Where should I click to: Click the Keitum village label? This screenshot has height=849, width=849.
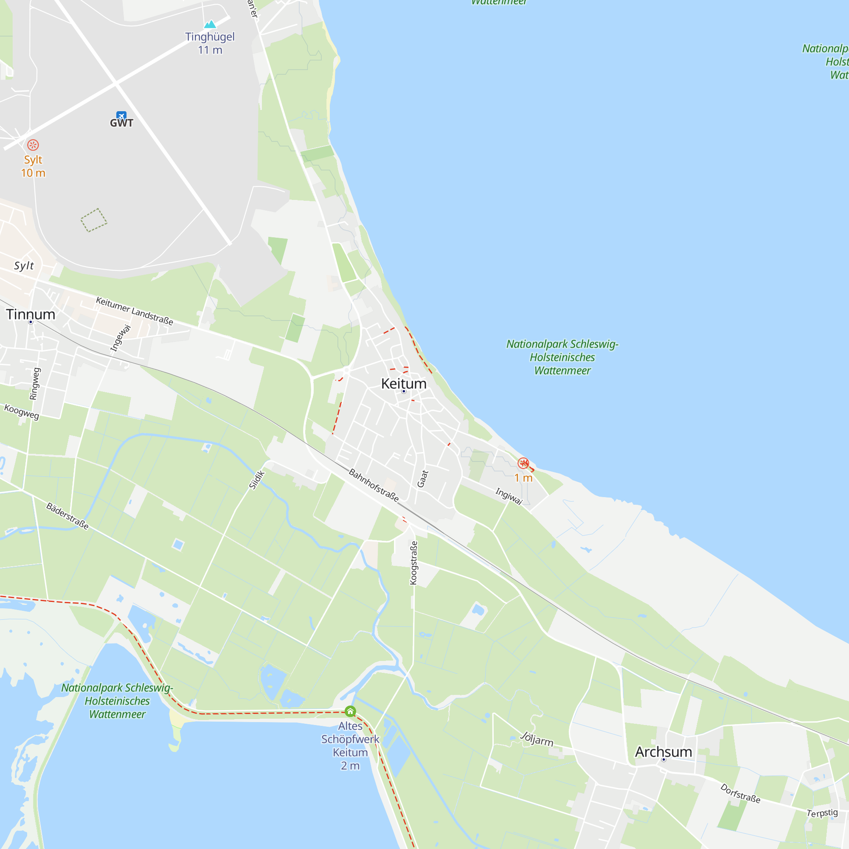(x=403, y=384)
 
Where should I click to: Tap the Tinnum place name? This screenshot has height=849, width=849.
(x=31, y=315)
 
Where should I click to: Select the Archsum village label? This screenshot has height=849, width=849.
(x=663, y=752)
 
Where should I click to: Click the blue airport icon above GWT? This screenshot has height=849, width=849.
(x=121, y=115)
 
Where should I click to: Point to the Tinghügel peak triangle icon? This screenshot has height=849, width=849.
(x=210, y=24)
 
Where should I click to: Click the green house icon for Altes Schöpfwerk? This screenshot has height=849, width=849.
(x=350, y=711)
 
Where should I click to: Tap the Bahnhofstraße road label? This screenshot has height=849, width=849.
(x=374, y=485)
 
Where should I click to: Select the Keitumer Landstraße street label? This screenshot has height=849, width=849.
(x=135, y=311)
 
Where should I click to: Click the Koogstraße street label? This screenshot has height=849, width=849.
(x=413, y=562)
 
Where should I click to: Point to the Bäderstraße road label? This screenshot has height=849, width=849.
(x=67, y=516)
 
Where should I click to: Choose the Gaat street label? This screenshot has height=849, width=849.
(x=422, y=478)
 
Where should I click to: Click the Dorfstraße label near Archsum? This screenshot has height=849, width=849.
(x=740, y=793)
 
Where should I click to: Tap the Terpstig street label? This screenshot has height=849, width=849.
(x=822, y=813)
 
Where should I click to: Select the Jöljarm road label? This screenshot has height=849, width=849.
(x=537, y=739)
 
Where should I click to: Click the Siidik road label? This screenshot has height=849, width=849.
(x=257, y=479)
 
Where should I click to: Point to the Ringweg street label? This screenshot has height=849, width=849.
(x=35, y=384)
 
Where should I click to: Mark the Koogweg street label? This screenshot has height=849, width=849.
(x=22, y=412)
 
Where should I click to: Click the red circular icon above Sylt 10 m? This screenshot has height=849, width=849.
(x=33, y=145)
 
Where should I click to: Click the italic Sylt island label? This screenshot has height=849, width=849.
(x=24, y=265)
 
